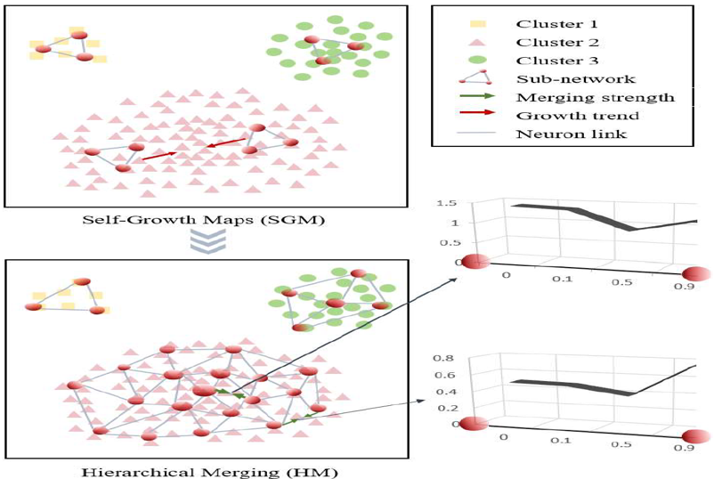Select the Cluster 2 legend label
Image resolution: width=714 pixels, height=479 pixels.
click(557, 43)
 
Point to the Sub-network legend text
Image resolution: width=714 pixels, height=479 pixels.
click(576, 78)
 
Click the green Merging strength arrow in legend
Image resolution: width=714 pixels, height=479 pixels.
click(477, 96)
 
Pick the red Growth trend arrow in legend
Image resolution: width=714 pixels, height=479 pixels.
click(477, 112)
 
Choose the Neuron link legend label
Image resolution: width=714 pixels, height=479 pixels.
click(572, 134)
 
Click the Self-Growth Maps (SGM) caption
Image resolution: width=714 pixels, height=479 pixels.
click(204, 220)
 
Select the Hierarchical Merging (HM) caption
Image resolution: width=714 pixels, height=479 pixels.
click(209, 472)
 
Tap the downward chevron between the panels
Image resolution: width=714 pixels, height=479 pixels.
click(207, 241)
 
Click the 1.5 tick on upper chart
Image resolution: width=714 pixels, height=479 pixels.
click(446, 203)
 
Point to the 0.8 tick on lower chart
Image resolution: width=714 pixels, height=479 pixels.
click(443, 358)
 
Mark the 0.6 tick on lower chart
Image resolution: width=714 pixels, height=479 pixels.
click(445, 375)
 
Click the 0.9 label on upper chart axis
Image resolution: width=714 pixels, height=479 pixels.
click(685, 286)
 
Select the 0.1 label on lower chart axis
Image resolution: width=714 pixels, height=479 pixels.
click(560, 441)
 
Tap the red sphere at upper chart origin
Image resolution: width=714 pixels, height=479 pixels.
click(475, 262)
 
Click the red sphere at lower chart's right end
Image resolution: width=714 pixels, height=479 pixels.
click(696, 437)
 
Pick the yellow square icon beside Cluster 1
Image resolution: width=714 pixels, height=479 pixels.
click(478, 24)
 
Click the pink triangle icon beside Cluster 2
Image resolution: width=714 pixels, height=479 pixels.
click(477, 42)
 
